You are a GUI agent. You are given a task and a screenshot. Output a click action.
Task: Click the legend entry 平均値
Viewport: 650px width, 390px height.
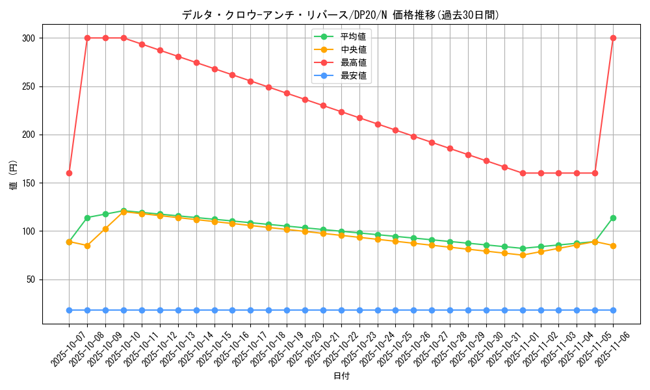353,36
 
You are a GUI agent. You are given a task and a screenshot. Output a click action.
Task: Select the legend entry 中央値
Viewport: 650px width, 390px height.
353,49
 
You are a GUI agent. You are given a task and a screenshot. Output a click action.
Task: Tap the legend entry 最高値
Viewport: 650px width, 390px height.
353,62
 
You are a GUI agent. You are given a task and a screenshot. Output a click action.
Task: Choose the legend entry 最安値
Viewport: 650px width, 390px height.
353,75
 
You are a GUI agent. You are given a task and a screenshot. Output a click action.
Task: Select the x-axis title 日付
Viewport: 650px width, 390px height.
341,376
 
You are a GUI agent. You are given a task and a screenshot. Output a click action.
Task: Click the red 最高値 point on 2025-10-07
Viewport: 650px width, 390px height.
69,173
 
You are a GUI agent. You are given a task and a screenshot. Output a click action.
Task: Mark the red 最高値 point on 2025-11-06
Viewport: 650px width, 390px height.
613,38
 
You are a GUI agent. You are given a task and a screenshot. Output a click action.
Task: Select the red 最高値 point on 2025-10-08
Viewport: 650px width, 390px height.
87,38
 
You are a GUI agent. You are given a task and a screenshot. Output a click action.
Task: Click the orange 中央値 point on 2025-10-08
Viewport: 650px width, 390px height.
87,246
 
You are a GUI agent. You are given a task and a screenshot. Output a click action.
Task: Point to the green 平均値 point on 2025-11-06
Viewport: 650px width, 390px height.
613,218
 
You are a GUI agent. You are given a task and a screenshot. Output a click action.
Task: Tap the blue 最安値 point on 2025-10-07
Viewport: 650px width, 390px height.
69,310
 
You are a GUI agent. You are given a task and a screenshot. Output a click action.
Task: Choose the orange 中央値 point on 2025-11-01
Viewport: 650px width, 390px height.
523,255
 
